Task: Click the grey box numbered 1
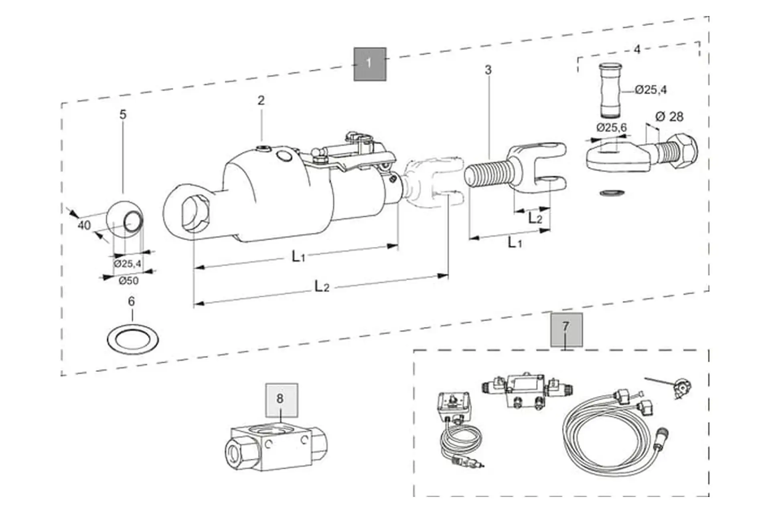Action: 370,64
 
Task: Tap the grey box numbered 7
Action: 567,330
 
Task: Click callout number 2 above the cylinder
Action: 261,100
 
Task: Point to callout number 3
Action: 488,70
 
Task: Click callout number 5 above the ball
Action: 123,115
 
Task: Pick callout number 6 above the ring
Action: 132,301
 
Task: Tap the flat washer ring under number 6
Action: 133,339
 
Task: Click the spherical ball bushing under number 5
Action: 125,220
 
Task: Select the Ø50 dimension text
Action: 129,281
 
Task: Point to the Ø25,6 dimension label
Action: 611,127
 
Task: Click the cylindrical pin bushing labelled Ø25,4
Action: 611,91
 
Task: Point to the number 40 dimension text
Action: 84,225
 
